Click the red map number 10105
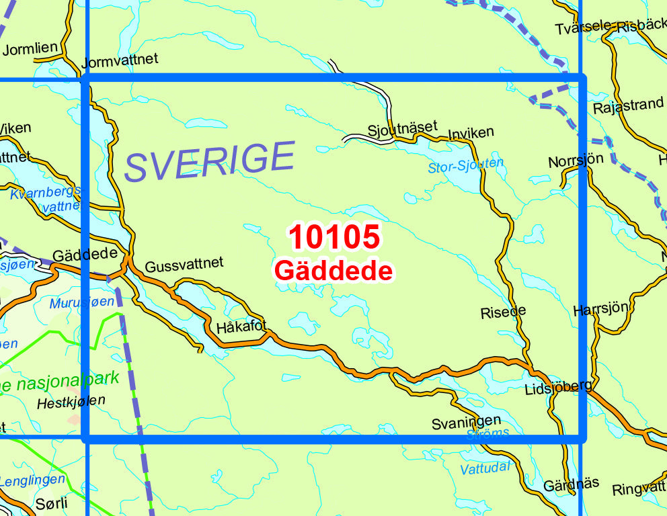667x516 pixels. [x=334, y=238]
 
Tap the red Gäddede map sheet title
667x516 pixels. [x=333, y=271]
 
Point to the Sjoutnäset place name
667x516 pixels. [x=402, y=127]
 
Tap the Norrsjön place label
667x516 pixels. [x=576, y=161]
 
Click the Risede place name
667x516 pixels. [x=503, y=312]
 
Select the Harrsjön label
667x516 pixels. [x=600, y=310]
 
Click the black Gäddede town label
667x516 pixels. [x=85, y=256]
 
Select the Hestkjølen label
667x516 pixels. [x=71, y=400]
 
